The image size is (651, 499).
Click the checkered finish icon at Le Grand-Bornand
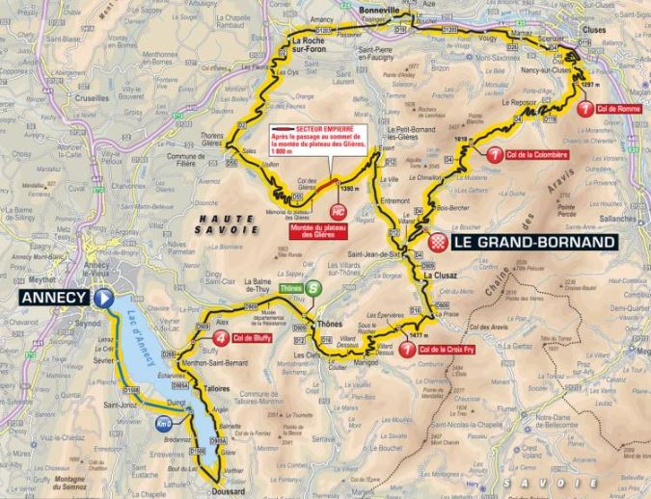[x=442, y=241]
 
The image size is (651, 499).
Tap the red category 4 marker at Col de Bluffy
[x=223, y=338]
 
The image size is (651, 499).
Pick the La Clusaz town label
[x=439, y=276]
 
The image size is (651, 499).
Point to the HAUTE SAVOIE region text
[x=223, y=224]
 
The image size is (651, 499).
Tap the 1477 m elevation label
[x=417, y=333]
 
